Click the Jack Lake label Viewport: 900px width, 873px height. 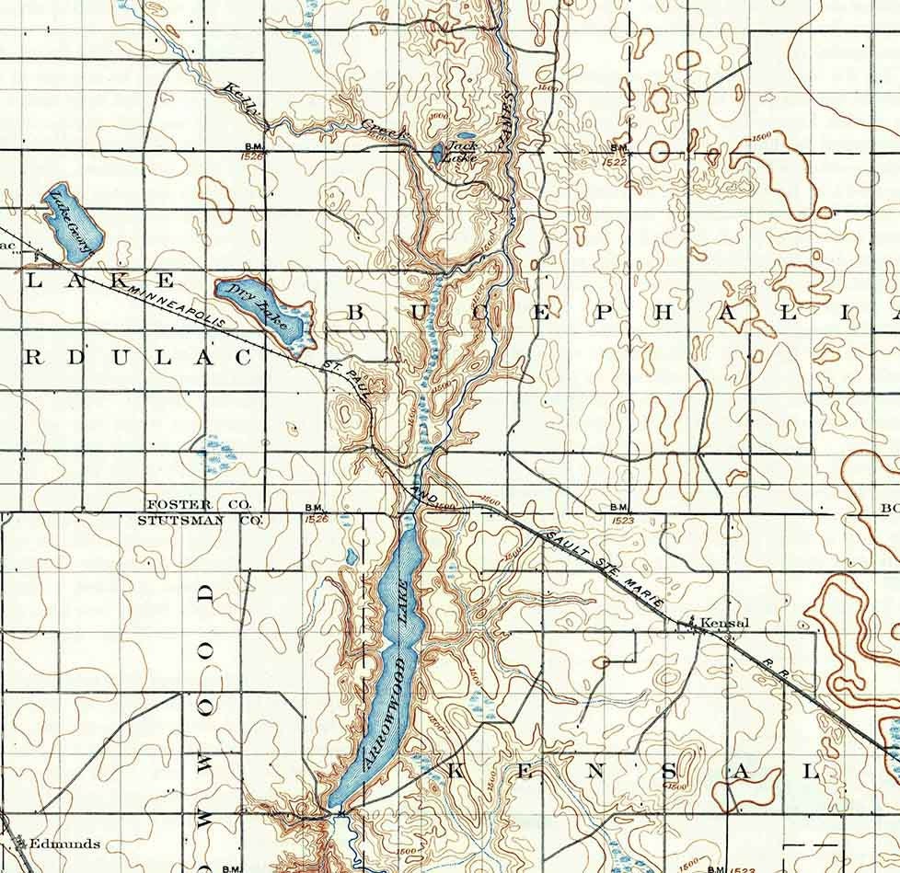click(x=462, y=151)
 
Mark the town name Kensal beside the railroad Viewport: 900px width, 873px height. click(x=725, y=623)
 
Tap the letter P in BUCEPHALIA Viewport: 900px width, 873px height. click(x=602, y=313)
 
